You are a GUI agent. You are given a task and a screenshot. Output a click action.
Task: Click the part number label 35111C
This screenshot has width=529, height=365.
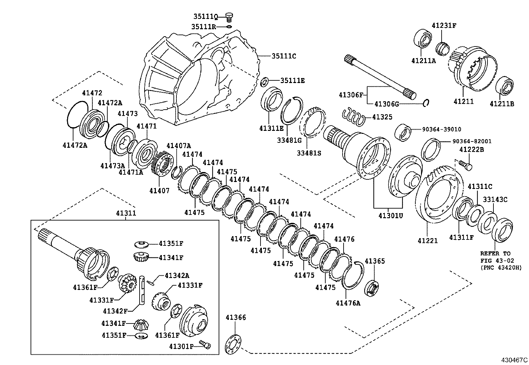[x=284, y=56]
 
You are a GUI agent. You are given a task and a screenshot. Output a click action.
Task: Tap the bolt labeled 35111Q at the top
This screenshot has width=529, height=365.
[x=229, y=16]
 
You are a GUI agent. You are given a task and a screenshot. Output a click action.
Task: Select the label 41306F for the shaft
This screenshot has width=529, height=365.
[x=351, y=95]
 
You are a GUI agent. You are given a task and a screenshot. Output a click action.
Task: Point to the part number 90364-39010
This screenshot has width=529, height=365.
[x=442, y=129]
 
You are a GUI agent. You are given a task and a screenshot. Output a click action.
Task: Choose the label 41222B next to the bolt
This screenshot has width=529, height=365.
[x=472, y=150]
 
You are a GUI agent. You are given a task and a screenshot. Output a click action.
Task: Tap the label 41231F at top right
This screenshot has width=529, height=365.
[x=444, y=25]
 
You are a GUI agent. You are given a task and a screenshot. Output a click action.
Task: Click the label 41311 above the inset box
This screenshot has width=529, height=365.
[x=126, y=213]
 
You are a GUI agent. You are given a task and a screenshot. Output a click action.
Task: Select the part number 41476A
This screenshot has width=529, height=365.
[x=348, y=303]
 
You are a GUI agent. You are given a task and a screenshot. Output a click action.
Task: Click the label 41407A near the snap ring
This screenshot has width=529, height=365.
[x=179, y=145]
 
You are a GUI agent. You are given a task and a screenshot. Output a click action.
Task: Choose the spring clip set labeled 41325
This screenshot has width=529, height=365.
[x=354, y=117]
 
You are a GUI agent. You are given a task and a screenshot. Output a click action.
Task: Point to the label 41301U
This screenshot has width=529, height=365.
[x=390, y=216]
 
